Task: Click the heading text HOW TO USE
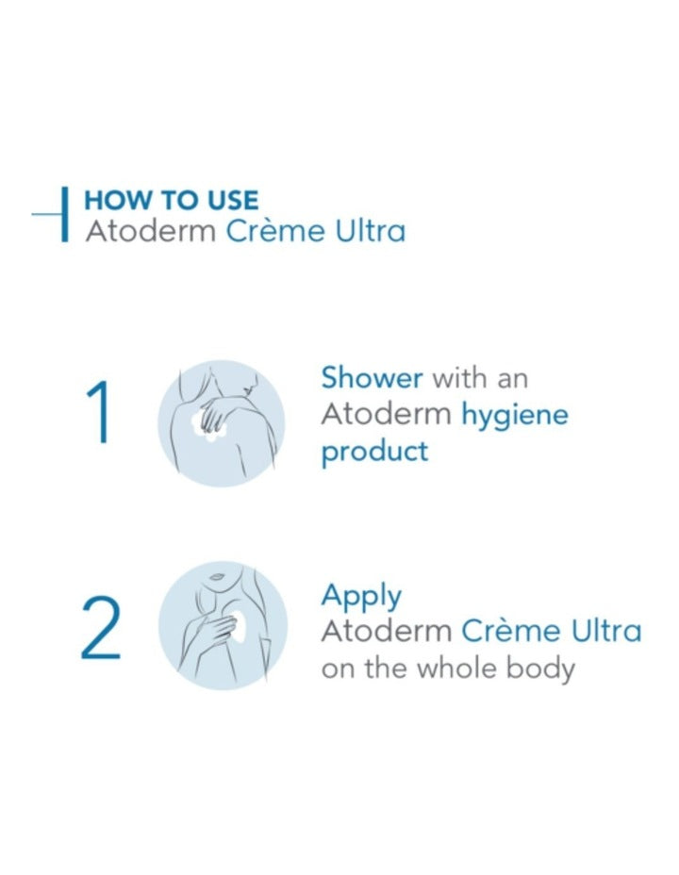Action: click(171, 200)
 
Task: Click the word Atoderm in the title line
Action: click(151, 231)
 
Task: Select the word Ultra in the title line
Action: click(370, 231)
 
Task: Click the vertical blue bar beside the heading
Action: click(64, 215)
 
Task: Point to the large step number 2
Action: click(101, 631)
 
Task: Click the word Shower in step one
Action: click(372, 378)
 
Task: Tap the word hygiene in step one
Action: click(514, 415)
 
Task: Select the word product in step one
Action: click(374, 451)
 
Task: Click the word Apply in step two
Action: click(361, 597)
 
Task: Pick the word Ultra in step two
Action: click(605, 631)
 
